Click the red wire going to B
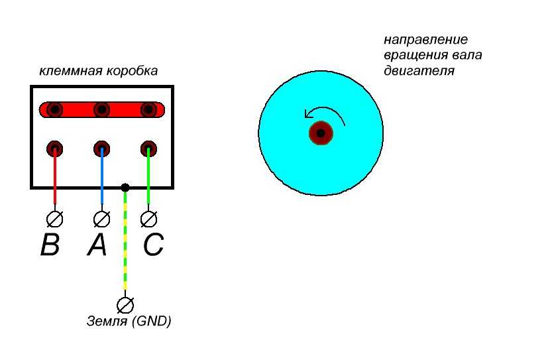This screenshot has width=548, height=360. click(55, 179)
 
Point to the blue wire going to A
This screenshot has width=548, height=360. click(101, 179)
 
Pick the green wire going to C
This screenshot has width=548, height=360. click(148, 179)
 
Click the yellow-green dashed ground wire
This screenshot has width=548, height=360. click(125, 245)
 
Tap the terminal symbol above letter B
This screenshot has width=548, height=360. click(56, 217)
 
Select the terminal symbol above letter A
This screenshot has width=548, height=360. click(101, 217)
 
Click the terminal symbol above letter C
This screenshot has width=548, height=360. click(149, 217)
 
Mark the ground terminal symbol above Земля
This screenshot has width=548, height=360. click(124, 304)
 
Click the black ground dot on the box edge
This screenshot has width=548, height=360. click(125, 188)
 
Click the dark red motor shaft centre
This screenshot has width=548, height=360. click(321, 133)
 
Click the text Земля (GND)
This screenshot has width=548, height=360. click(129, 322)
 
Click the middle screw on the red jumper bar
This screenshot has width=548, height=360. click(101, 109)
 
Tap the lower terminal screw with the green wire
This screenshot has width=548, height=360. click(148, 148)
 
